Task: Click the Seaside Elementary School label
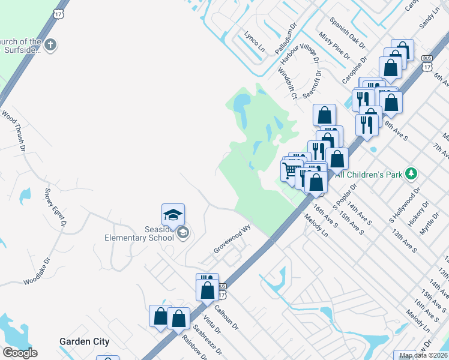[x=139, y=232]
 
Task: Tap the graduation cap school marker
[x=173, y=215]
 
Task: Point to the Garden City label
[x=85, y=341]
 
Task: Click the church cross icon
[x=51, y=44]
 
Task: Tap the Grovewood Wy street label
[x=231, y=239]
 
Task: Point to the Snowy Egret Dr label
[x=54, y=208]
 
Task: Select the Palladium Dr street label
[x=287, y=39]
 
